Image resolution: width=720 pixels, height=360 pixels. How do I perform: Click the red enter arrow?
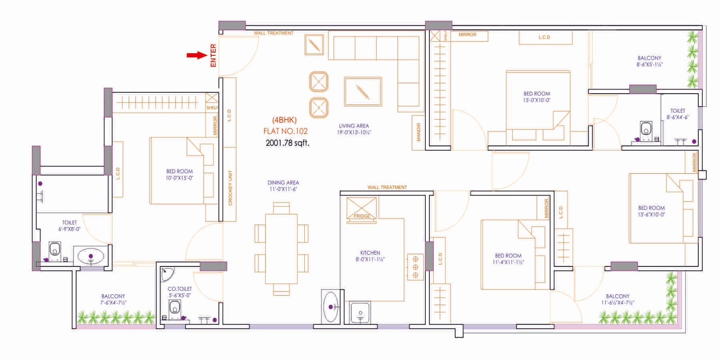(x=196, y=55)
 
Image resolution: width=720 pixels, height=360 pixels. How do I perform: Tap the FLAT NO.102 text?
(x=285, y=131)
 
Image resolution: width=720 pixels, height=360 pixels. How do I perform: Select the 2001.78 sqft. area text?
(x=287, y=143)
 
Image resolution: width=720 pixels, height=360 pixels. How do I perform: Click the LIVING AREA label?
(x=354, y=129)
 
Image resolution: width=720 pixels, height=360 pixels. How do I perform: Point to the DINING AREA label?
(x=283, y=186)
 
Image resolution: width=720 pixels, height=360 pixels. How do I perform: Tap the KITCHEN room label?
(x=370, y=256)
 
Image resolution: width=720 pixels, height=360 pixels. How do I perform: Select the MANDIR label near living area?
(x=418, y=132)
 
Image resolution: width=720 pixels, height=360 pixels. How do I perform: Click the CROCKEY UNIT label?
(x=230, y=188)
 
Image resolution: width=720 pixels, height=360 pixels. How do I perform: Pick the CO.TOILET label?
(x=180, y=292)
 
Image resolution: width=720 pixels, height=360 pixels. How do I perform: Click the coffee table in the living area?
(x=363, y=92)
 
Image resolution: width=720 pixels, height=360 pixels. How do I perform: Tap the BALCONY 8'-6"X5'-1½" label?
(x=649, y=61)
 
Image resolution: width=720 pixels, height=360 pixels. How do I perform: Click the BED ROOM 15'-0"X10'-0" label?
(x=536, y=97)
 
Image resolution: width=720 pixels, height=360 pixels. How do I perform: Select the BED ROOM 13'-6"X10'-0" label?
(x=651, y=211)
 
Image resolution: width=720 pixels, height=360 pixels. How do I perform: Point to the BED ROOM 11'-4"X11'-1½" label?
(x=508, y=259)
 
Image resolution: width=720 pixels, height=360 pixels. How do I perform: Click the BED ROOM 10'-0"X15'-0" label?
(x=179, y=175)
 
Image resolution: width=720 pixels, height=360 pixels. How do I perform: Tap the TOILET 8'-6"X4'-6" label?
(x=677, y=114)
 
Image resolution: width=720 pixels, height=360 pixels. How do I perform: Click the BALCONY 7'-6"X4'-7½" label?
(x=113, y=299)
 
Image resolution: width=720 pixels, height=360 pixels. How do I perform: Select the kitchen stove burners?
(x=415, y=267)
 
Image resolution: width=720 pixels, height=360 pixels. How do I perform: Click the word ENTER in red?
(x=213, y=55)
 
